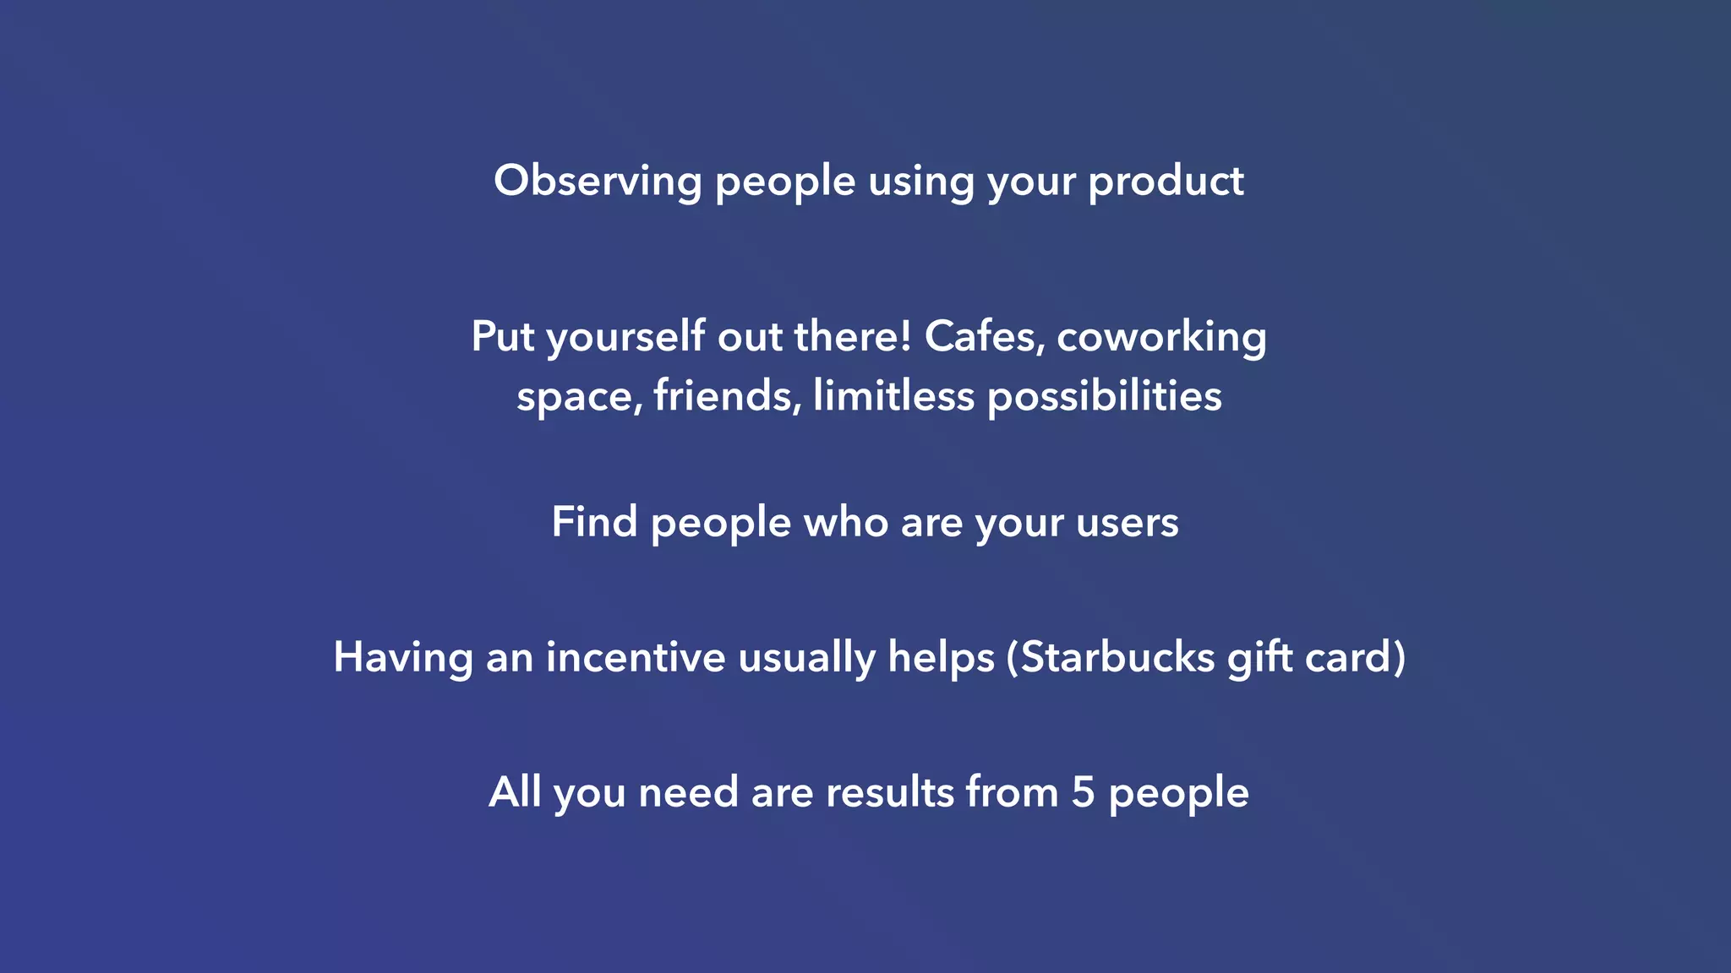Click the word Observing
point(598,182)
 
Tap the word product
point(1166,182)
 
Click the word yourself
point(625,337)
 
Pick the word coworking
point(1161,337)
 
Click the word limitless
point(893,395)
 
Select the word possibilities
point(1105,395)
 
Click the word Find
point(594,522)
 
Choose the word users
point(1128,522)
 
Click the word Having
point(402,657)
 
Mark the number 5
point(1083,792)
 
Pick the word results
point(889,792)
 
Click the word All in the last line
point(515,792)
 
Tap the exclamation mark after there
point(906,335)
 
